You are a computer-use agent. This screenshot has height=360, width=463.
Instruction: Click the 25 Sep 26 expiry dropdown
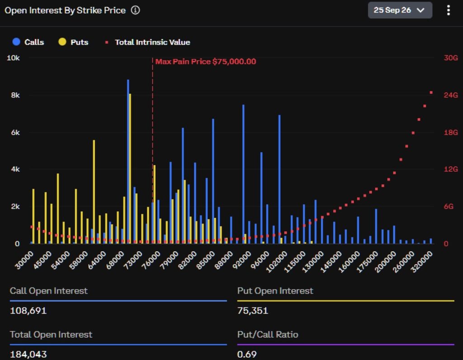tap(400, 10)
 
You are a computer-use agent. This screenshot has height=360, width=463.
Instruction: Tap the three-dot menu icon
tap(448, 10)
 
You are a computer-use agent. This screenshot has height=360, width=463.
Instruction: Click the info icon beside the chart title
tap(135, 10)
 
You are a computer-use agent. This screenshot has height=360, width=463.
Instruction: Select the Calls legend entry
tap(28, 42)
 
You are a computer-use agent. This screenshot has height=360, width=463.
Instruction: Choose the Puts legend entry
tap(73, 42)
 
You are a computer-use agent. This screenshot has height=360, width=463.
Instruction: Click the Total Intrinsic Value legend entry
tap(148, 42)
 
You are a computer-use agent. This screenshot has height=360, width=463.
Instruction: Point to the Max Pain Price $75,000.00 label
tap(206, 61)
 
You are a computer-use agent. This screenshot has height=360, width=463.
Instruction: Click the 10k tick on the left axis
tap(13, 58)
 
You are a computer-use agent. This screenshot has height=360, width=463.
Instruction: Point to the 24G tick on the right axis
tap(451, 95)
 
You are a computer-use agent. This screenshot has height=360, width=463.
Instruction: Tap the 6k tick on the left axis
tap(15, 132)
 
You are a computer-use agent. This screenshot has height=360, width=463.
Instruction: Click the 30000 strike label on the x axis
tap(24, 260)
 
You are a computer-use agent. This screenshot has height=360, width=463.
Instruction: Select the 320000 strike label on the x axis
tap(422, 262)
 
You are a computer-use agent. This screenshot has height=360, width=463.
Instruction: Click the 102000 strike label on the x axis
tap(276, 262)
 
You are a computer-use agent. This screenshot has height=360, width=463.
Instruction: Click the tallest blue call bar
tap(128, 162)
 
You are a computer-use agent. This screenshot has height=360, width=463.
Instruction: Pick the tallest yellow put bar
tap(130, 169)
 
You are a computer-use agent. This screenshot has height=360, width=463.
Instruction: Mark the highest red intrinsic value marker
tap(431, 93)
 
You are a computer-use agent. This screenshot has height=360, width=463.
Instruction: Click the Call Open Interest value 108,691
tap(28, 310)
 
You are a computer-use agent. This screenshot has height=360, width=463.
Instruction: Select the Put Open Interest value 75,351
tap(253, 310)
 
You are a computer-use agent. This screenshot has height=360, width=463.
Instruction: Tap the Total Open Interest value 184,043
tap(28, 354)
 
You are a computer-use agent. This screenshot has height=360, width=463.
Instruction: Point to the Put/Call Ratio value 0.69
tap(247, 354)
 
